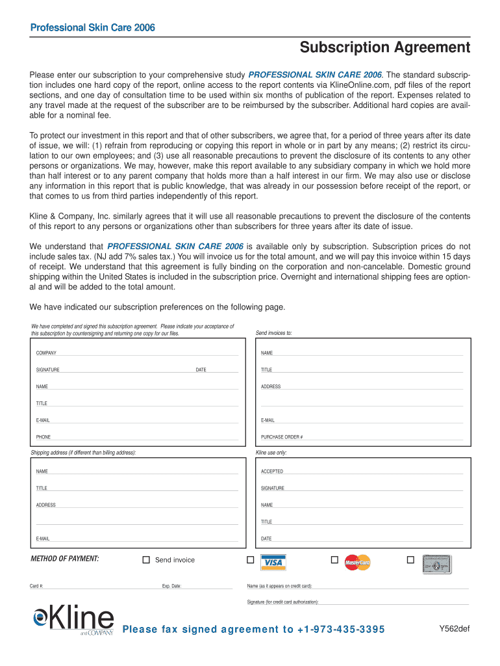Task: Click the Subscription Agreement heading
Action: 384,47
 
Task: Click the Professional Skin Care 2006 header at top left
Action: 93,27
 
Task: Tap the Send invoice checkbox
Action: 146,560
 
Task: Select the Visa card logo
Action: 273,563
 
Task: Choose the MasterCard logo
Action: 357,563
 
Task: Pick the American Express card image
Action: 437,563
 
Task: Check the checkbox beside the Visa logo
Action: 250,560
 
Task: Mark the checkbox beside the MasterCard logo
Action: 334,560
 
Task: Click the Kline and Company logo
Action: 73,620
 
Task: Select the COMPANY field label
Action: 46,353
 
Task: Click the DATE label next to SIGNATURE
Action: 201,370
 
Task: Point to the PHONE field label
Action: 44,437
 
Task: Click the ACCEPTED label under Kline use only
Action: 272,472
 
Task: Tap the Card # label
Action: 36,586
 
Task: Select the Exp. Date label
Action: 171,586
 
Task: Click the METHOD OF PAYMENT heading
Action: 65,559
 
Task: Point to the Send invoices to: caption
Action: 274,333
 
